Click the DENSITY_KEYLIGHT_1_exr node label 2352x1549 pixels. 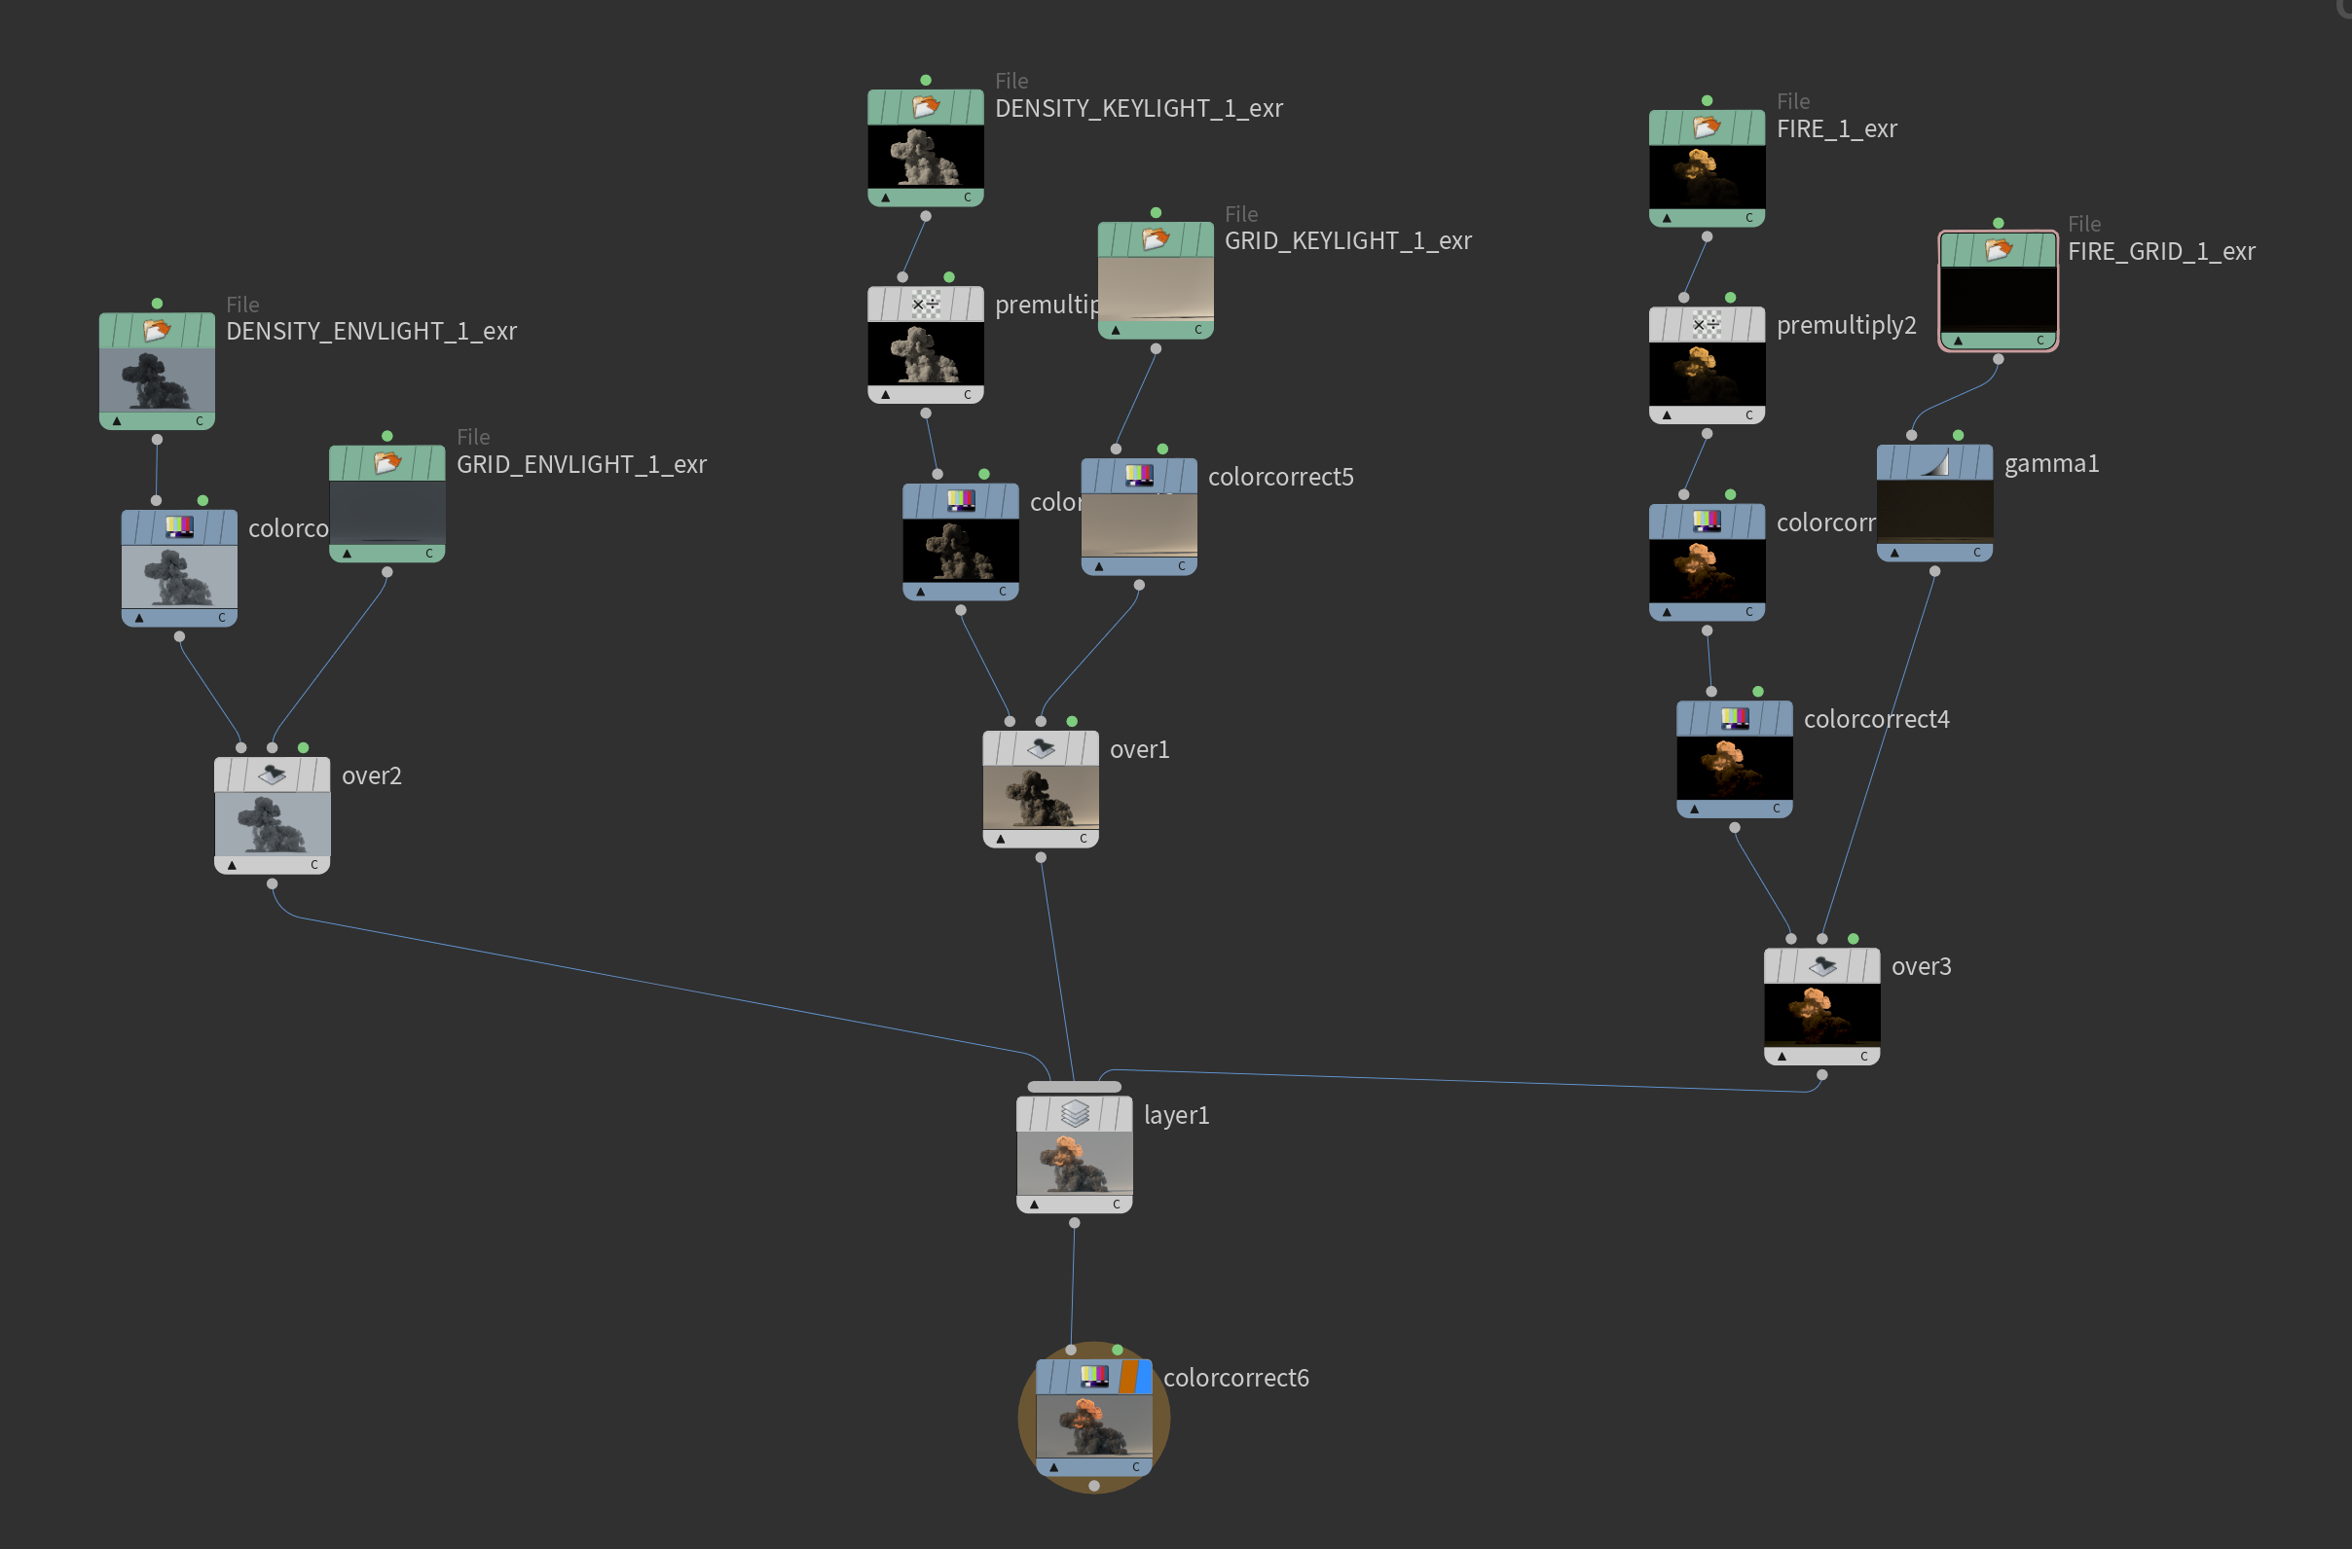[1138, 109]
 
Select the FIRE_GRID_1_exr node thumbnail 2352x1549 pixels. [1998, 299]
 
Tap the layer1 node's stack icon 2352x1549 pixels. [1074, 1114]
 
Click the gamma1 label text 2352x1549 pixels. [2050, 463]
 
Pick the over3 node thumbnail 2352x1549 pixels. [1821, 1015]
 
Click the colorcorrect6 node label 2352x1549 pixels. [1235, 1377]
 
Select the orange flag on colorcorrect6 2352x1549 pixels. [1127, 1376]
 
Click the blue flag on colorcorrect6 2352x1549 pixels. [1145, 1376]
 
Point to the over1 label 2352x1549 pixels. [1139, 750]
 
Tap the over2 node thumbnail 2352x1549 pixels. [272, 824]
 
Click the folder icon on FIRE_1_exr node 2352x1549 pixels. [1707, 127]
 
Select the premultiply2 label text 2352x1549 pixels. [1846, 325]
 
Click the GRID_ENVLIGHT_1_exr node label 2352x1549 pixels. [581, 464]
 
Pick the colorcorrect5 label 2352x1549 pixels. [1281, 477]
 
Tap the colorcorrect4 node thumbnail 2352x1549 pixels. [1735, 768]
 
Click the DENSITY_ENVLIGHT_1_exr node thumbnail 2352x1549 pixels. [156, 379]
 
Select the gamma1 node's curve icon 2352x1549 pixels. [1934, 462]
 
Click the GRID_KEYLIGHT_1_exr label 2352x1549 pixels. [1348, 241]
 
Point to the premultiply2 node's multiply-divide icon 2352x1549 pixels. [1707, 324]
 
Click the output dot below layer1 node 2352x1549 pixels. [1074, 1223]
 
